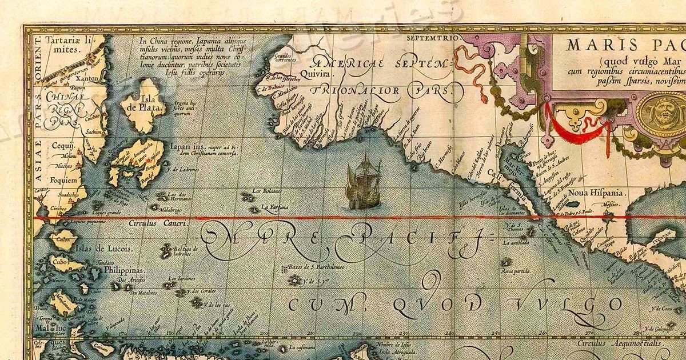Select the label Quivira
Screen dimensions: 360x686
[x=320, y=74]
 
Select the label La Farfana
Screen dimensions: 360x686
[x=275, y=206]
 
